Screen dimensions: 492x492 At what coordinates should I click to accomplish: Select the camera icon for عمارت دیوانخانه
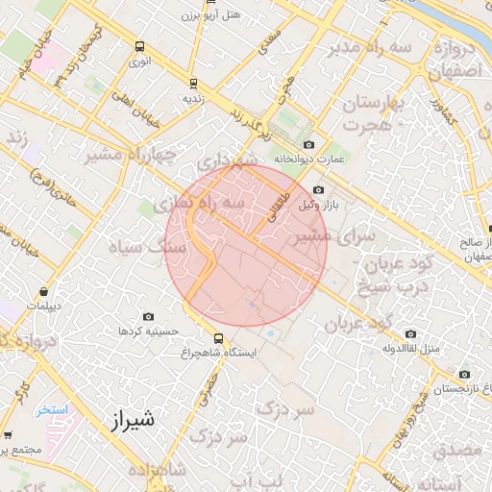coord(307,144)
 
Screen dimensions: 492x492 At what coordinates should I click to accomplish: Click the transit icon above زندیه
coord(193,83)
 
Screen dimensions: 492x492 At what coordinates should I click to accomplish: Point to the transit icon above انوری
coord(140,46)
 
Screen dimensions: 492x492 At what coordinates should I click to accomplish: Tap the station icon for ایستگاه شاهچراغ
coord(220,338)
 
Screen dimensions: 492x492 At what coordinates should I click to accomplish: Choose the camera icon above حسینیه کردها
coord(148,316)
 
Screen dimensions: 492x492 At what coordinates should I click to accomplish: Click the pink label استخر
coord(54,409)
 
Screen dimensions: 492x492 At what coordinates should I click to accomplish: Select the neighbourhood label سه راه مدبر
coord(372,47)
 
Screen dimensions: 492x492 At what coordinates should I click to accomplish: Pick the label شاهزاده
coord(154,470)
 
